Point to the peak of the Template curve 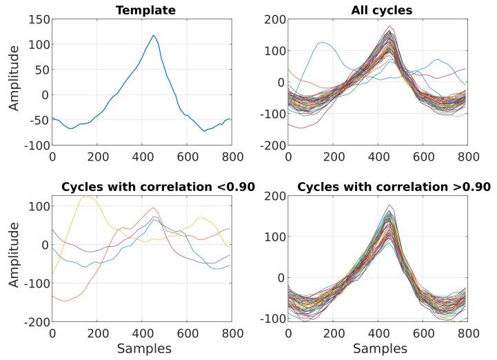pyautogui.click(x=154, y=35)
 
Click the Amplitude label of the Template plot pyautogui.click(x=13, y=83)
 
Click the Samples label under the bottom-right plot pyautogui.click(x=378, y=350)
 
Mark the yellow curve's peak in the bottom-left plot pyautogui.click(x=86, y=197)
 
